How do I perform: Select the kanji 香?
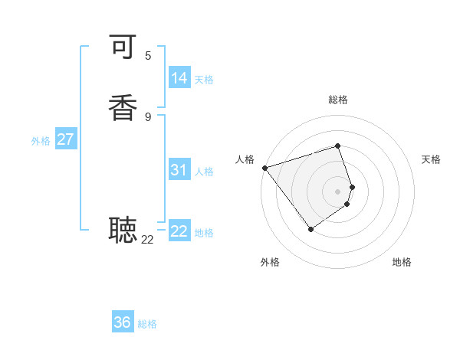coord(123,107)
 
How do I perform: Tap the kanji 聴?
coord(123,229)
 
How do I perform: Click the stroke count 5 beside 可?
coord(148,55)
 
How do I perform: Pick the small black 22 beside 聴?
coord(148,240)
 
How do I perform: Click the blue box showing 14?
coord(179,78)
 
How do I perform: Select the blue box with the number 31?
coord(179,170)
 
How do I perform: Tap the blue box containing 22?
coord(179,231)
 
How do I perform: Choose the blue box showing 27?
coord(65,139)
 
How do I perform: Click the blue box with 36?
coord(123,322)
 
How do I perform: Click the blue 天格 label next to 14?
coord(204,80)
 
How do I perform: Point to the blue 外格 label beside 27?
coord(41,141)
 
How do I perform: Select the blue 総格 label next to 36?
coord(147,324)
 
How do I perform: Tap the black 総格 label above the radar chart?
coord(337,100)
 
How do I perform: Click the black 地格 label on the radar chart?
coord(402,262)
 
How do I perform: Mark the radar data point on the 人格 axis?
coord(264,168)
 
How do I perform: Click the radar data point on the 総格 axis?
coord(337,146)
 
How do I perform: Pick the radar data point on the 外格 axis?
coord(310,228)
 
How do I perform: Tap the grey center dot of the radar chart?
coord(337,191)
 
